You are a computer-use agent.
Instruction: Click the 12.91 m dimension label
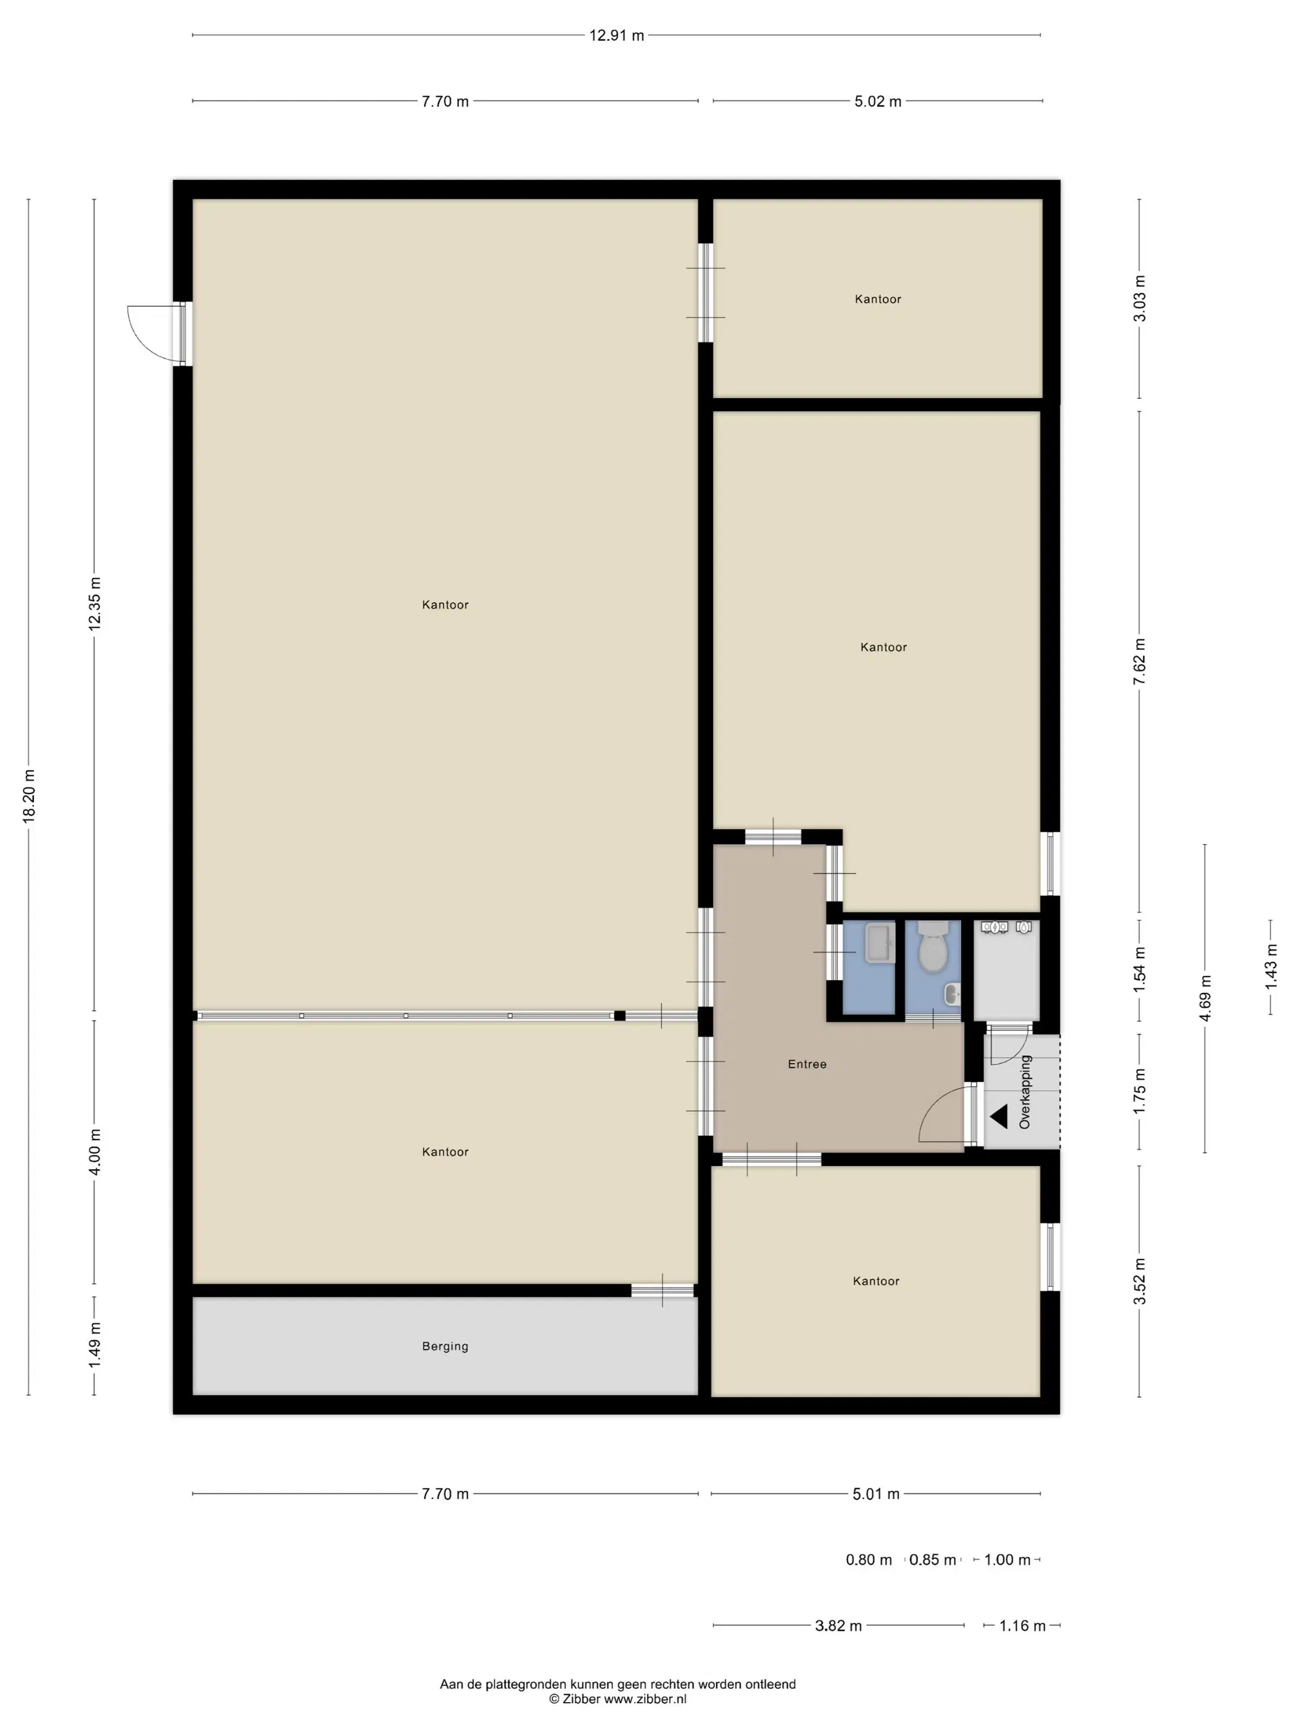[616, 35]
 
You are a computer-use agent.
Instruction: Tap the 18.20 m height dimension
[29, 795]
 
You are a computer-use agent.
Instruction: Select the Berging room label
[445, 1346]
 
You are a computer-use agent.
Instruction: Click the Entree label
[807, 1064]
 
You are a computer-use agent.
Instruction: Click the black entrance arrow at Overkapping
[998, 1117]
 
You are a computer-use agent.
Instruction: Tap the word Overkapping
[1025, 1092]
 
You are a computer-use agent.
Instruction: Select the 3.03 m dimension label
[1139, 298]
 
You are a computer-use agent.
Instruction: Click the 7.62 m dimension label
[1139, 662]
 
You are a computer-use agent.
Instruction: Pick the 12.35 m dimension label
[95, 603]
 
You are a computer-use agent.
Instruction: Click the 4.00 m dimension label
[95, 1152]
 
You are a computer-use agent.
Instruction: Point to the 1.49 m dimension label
[95, 1344]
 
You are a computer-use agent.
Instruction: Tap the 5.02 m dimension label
[877, 101]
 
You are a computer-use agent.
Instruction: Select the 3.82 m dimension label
[838, 1626]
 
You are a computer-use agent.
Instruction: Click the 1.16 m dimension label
[1022, 1626]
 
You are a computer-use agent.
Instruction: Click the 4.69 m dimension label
[1205, 998]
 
